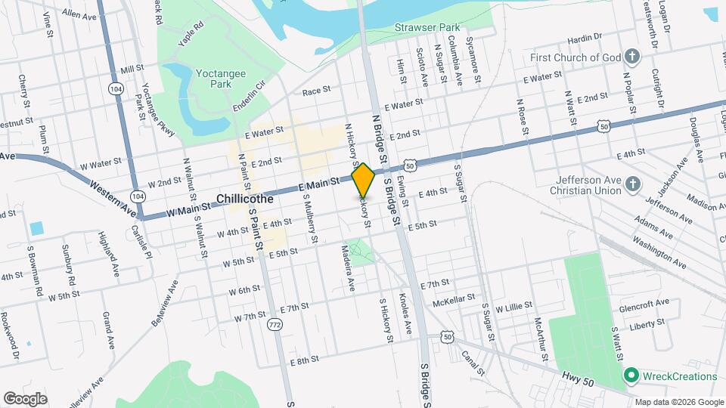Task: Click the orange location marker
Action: [x=363, y=180]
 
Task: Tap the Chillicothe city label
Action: [x=249, y=198]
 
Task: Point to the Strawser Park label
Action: [x=427, y=28]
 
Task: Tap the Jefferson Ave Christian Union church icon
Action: [x=633, y=183]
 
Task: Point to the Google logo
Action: [x=25, y=398]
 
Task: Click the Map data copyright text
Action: [x=678, y=401]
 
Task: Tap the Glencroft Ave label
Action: [x=644, y=302]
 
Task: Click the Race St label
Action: [x=317, y=91]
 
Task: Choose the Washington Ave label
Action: [x=659, y=255]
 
